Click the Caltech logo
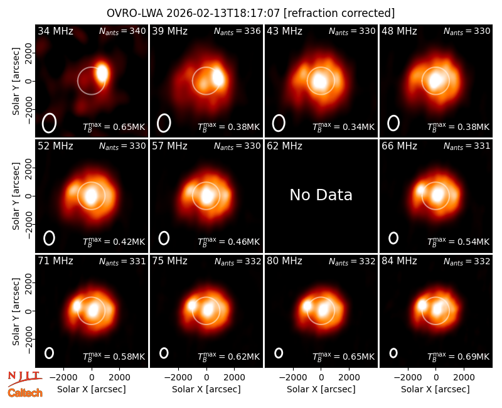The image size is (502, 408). [x=25, y=393]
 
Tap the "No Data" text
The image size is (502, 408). [x=321, y=195]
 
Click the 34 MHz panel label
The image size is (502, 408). [x=55, y=31]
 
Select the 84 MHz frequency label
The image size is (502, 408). [x=399, y=261]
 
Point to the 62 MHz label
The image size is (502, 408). [x=285, y=146]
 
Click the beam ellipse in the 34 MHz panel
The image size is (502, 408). [x=49, y=123]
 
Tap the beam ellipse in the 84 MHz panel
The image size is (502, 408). [x=393, y=353]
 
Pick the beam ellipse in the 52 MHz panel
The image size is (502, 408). [x=50, y=238]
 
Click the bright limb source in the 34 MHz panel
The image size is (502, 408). [x=102, y=73]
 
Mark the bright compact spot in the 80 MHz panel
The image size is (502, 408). [x=307, y=306]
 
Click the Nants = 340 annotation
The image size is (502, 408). [x=122, y=31]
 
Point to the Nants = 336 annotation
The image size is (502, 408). [x=237, y=31]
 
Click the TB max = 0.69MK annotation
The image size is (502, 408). [x=459, y=356]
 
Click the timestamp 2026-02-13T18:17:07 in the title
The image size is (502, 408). [x=223, y=13]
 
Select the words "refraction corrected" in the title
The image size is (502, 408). [x=339, y=13]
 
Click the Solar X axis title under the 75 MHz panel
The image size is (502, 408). [x=206, y=389]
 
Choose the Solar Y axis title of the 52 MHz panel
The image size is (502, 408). [x=16, y=196]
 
